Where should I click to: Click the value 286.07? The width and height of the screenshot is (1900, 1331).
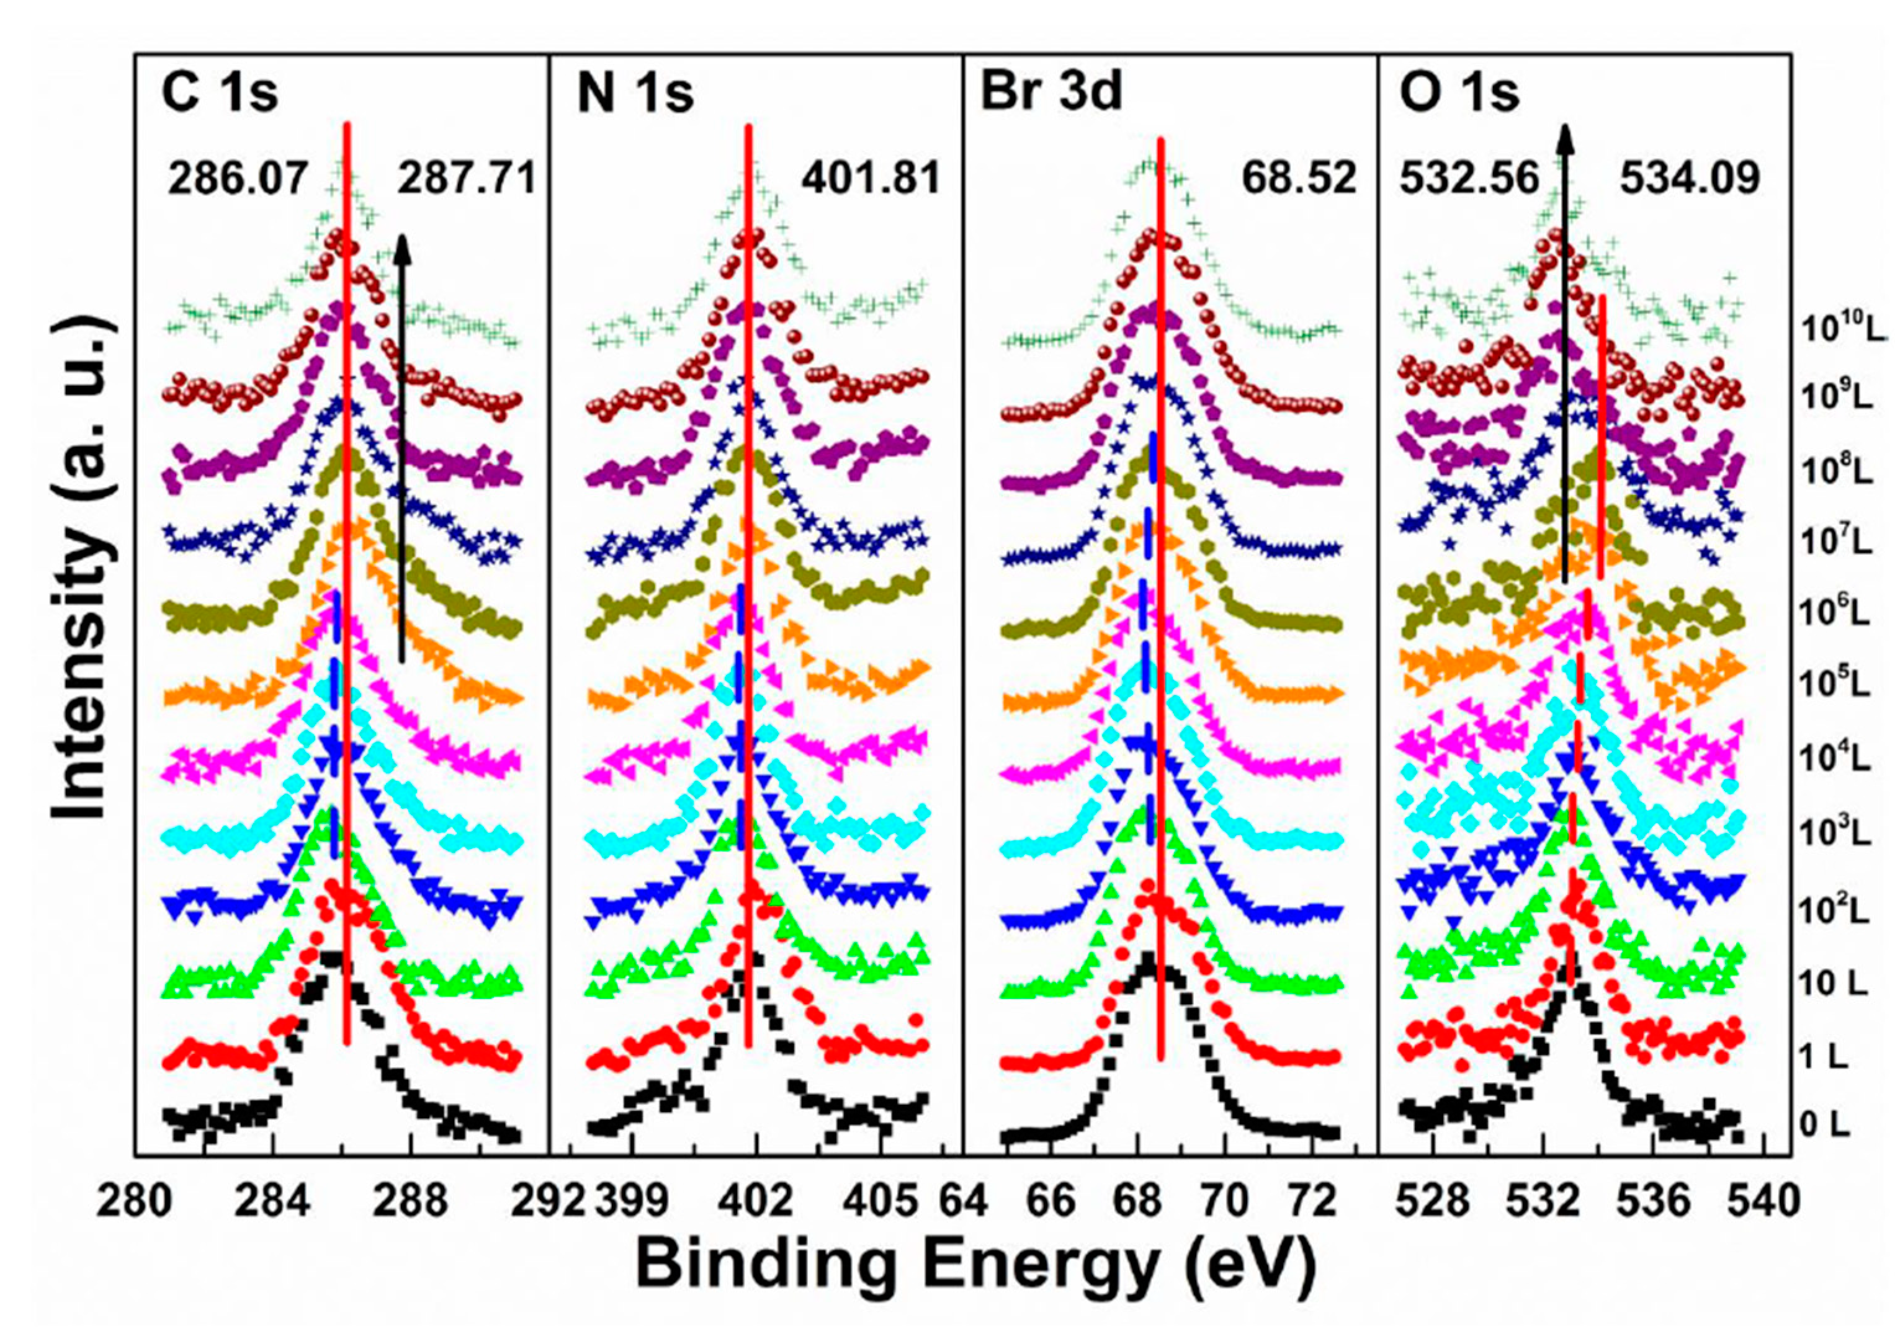pos(238,179)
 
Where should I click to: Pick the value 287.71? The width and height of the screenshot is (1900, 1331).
pos(467,179)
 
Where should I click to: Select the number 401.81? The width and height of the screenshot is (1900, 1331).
pos(871,179)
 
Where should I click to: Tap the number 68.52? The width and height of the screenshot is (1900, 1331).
pos(1299,179)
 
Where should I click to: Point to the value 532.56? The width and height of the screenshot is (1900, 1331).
pos(1469,179)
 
